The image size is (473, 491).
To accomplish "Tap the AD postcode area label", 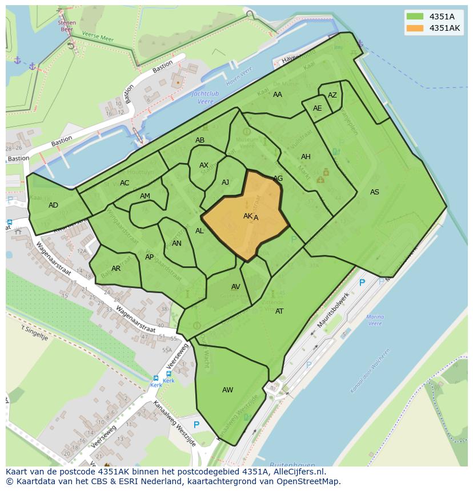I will (x=53, y=205).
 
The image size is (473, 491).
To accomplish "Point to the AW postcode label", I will (x=227, y=390).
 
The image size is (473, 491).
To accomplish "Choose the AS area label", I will (x=374, y=192).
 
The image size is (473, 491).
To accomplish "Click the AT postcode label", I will (x=279, y=311).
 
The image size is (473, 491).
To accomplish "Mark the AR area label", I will (x=116, y=269).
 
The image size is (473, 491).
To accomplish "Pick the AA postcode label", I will (x=278, y=95).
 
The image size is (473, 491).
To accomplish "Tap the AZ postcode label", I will (x=332, y=95).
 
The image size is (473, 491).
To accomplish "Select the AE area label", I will (x=317, y=108).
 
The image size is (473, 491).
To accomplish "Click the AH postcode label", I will (x=306, y=157).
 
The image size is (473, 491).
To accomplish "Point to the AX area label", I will (x=204, y=165).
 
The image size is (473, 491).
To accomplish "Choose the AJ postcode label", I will (x=225, y=182).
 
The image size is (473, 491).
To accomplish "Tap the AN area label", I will (x=177, y=244).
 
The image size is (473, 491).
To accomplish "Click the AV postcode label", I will (x=235, y=287).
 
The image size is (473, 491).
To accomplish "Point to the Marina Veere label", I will (x=375, y=320).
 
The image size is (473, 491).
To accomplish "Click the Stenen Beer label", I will (x=67, y=26).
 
